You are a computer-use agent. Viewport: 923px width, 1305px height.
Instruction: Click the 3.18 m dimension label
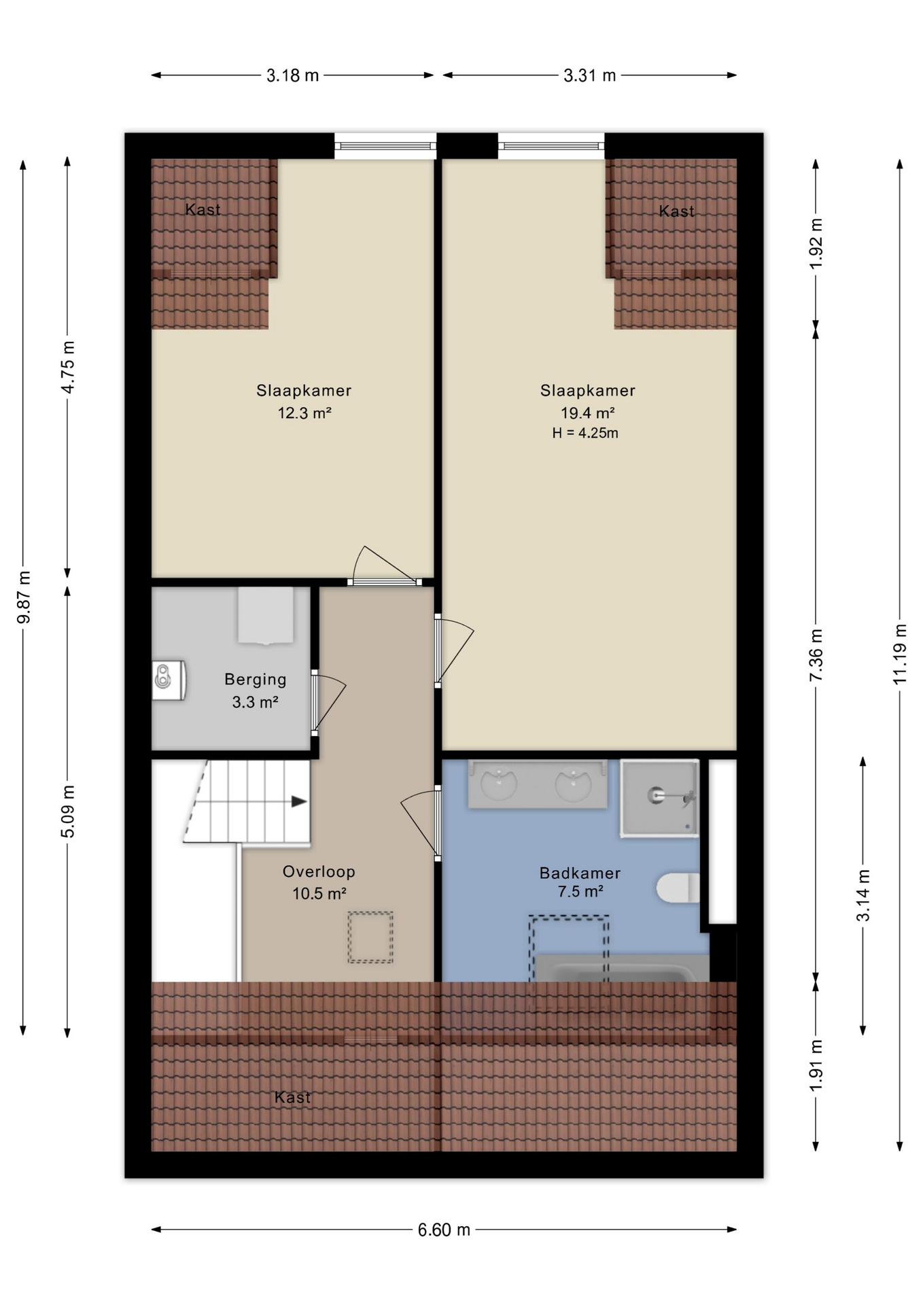pyautogui.click(x=292, y=75)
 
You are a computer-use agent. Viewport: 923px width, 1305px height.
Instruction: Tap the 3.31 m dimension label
pyautogui.click(x=589, y=75)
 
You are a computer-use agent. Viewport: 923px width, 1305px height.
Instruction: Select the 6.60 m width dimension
pyautogui.click(x=444, y=1230)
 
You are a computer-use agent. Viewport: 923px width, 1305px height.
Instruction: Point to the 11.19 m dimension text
pyautogui.click(x=900, y=654)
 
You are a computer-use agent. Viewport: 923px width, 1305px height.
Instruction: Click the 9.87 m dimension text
pyautogui.click(x=24, y=597)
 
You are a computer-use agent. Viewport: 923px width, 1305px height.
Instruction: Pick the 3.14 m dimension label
pyautogui.click(x=863, y=895)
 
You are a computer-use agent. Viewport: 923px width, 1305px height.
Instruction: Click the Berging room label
pyautogui.click(x=256, y=679)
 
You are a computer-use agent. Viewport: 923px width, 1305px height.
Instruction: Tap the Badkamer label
pyautogui.click(x=580, y=873)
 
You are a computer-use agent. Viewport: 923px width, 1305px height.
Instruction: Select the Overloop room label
pyautogui.click(x=319, y=871)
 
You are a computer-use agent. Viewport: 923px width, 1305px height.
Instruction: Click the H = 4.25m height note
pyautogui.click(x=585, y=433)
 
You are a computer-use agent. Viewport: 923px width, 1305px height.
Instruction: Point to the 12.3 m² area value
pyautogui.click(x=304, y=413)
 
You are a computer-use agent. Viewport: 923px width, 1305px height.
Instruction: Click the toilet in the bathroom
pyautogui.click(x=678, y=888)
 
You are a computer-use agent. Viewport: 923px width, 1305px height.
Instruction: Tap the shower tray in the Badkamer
pyautogui.click(x=659, y=799)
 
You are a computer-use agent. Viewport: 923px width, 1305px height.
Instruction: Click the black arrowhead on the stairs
pyautogui.click(x=299, y=801)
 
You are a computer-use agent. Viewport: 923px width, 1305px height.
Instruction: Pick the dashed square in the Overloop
pyautogui.click(x=370, y=937)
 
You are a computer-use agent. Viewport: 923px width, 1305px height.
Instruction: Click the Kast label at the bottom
pyautogui.click(x=292, y=1097)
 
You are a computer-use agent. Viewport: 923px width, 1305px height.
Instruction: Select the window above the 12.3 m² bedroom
pyautogui.click(x=385, y=145)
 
